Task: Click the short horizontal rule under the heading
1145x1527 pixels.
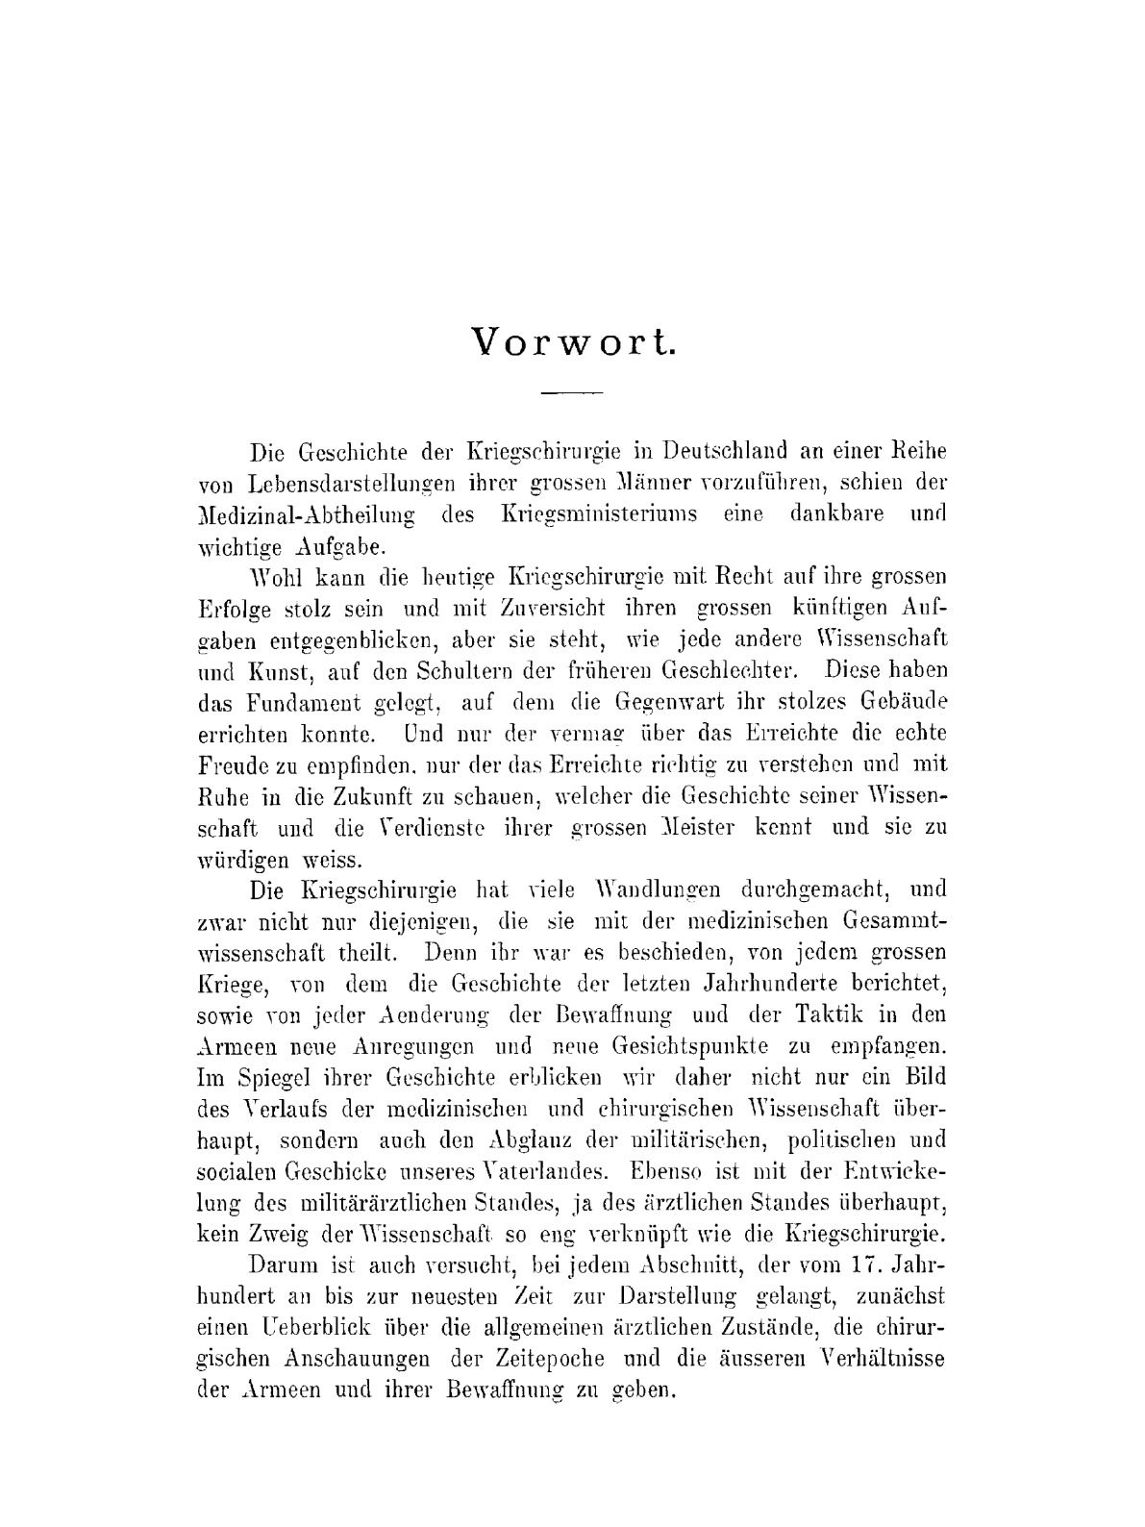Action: pyautogui.click(x=571, y=393)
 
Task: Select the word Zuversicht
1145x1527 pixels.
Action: pyautogui.click(x=552, y=607)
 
